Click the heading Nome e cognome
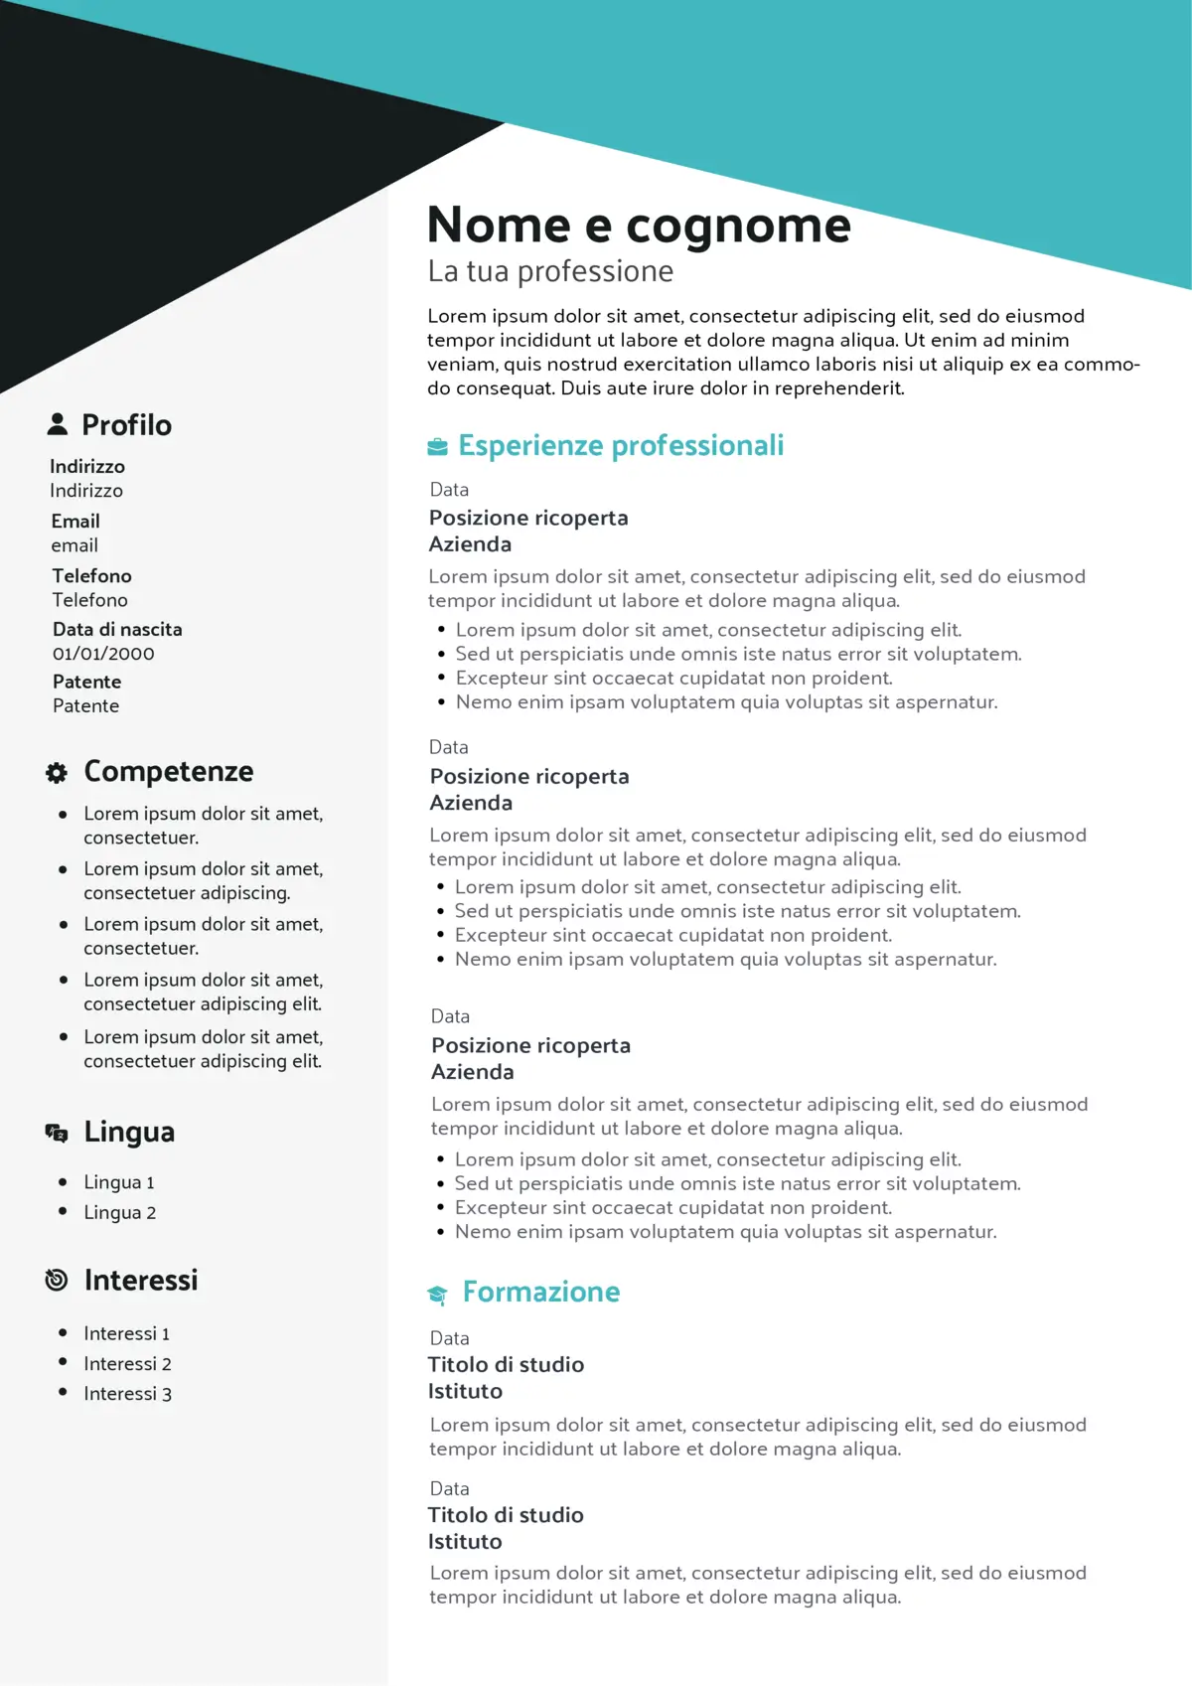[x=639, y=226]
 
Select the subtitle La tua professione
[x=550, y=271]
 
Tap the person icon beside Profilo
[x=58, y=424]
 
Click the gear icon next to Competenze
[x=57, y=772]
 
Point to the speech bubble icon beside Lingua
[x=57, y=1133]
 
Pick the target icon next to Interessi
[x=57, y=1280]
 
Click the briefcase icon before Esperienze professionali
[x=437, y=446]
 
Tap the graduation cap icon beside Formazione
[x=437, y=1294]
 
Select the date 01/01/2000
[x=103, y=654]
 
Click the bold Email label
[x=75, y=521]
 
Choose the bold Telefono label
[x=91, y=575]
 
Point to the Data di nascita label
[x=117, y=629]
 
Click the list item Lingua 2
[x=119, y=1212]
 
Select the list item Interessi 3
[x=127, y=1393]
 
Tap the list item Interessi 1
[x=126, y=1333]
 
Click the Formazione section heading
[x=541, y=1292]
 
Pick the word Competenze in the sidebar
[x=169, y=771]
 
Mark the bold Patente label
[x=86, y=682]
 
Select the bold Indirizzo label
[x=87, y=466]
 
